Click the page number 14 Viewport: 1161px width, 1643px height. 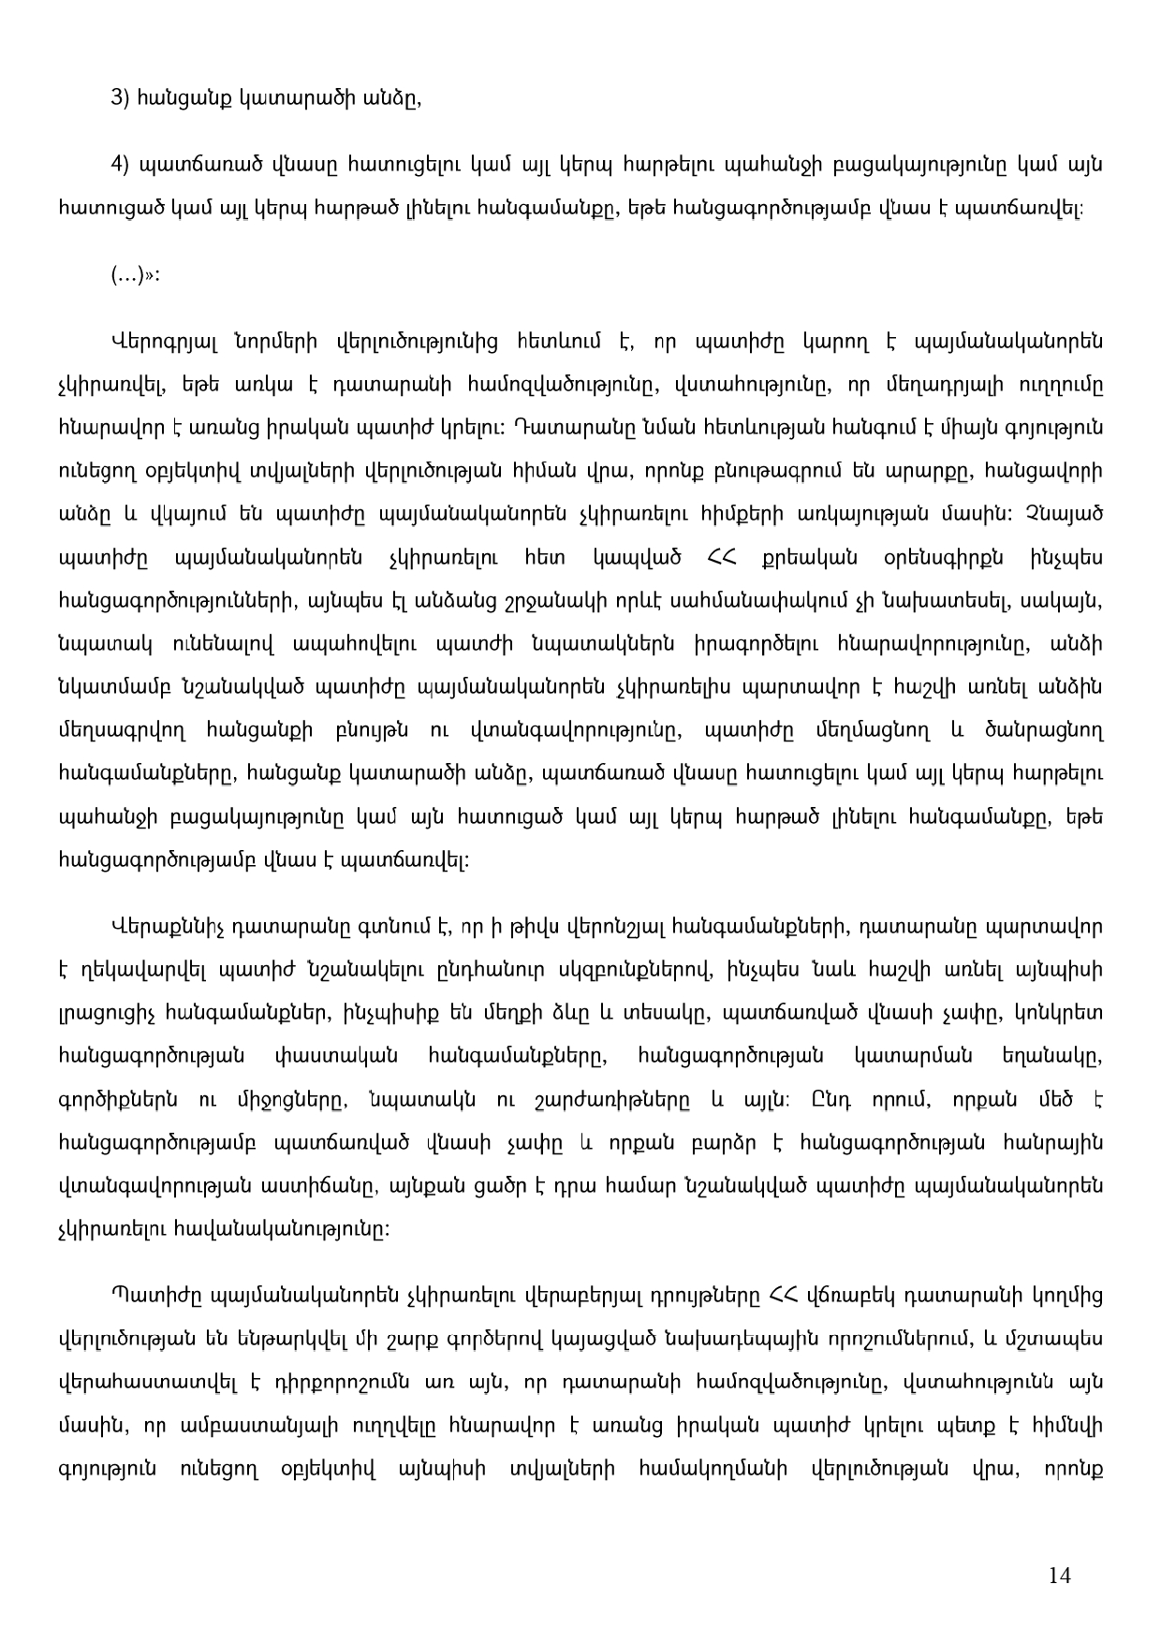pos(1059,1576)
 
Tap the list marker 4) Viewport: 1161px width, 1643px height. pos(120,165)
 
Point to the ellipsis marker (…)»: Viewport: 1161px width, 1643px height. pos(135,275)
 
